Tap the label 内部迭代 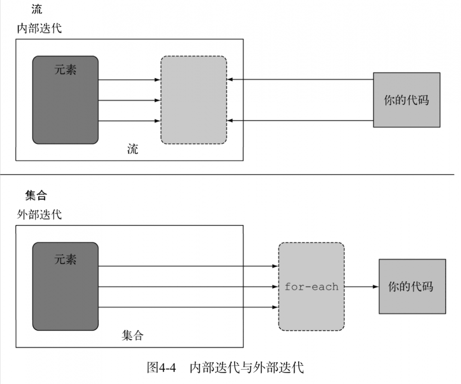[x=39, y=29]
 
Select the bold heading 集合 [x=36, y=196]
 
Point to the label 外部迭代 [x=39, y=215]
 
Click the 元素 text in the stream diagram [x=65, y=70]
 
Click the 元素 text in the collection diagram [x=65, y=259]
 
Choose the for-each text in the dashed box [x=312, y=287]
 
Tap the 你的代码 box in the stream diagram [x=406, y=100]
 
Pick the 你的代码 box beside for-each [x=412, y=287]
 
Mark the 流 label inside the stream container [x=133, y=149]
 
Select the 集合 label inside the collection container [x=133, y=335]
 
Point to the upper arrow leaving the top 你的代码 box [x=300, y=79]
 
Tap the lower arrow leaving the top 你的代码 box [x=300, y=120]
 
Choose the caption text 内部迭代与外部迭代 [x=247, y=367]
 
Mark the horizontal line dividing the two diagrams [x=230, y=174]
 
